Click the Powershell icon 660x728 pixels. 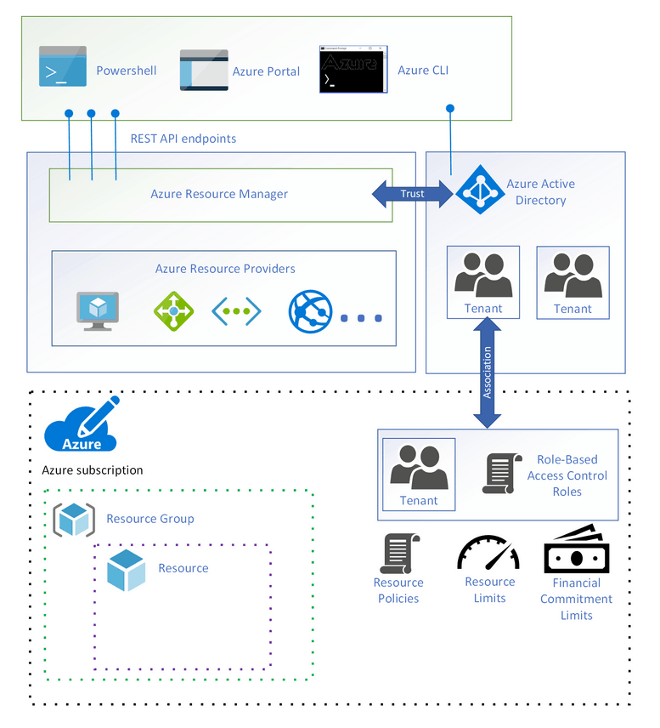[x=62, y=68]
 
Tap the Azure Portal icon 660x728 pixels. [x=204, y=70]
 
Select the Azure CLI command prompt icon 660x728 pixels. [x=348, y=69]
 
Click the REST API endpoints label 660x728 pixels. [x=183, y=138]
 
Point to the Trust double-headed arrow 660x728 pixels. [x=412, y=194]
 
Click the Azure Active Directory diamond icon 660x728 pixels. [x=480, y=190]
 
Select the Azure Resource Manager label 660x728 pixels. [x=219, y=194]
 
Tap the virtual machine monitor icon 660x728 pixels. [x=98, y=311]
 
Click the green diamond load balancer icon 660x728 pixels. [x=174, y=311]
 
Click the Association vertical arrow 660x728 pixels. [x=487, y=373]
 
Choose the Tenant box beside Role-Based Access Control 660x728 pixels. [x=419, y=474]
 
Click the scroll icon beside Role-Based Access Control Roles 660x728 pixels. [x=503, y=473]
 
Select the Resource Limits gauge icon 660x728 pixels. [x=488, y=553]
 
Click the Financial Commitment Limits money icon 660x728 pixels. [x=575, y=549]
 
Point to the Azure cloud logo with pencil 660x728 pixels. [x=82, y=425]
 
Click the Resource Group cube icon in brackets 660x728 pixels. [x=74, y=520]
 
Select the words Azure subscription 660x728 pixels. [x=93, y=470]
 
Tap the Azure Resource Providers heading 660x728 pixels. [x=225, y=269]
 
